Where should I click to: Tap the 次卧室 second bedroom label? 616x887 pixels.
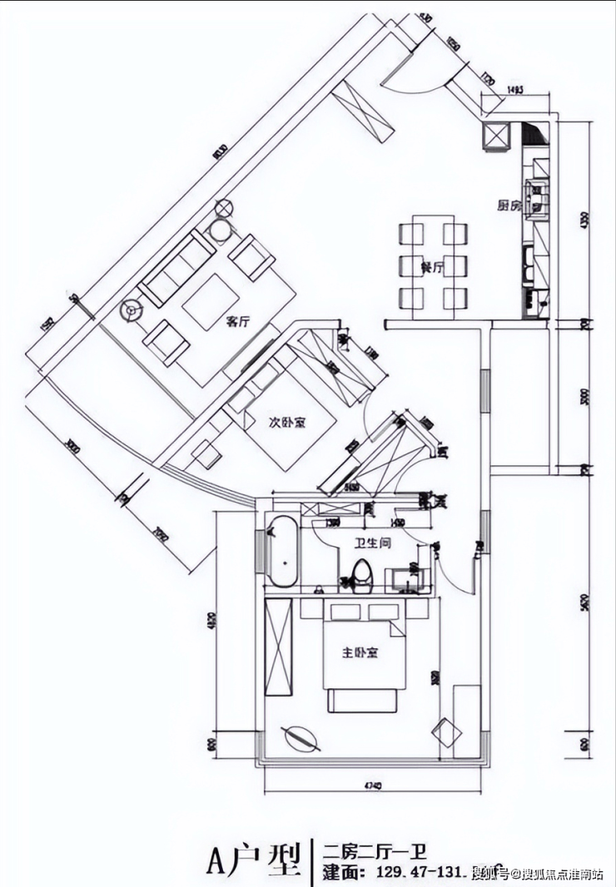[x=286, y=423]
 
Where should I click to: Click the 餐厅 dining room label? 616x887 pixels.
[x=432, y=267]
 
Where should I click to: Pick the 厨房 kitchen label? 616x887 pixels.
[x=509, y=205]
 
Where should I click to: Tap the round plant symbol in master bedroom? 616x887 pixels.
[x=300, y=737]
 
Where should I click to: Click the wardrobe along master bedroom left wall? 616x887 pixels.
[x=279, y=647]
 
